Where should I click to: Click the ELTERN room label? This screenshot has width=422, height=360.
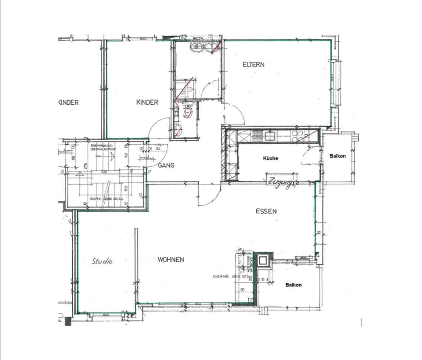pyautogui.click(x=253, y=64)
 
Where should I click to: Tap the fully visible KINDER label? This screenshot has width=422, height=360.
pyautogui.click(x=147, y=102)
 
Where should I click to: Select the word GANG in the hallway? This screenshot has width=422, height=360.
pyautogui.click(x=166, y=166)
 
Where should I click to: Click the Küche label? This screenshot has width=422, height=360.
pyautogui.click(x=270, y=158)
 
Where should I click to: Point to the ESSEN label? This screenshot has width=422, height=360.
pyautogui.click(x=266, y=211)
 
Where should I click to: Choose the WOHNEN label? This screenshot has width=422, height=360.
pyautogui.click(x=171, y=260)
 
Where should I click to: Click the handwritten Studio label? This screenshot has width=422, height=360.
pyautogui.click(x=102, y=261)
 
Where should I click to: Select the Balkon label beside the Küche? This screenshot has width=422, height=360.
pyautogui.click(x=338, y=156)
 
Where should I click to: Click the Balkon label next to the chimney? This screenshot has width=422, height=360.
pyautogui.click(x=293, y=285)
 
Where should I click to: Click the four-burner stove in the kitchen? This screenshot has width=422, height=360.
pyautogui.click(x=297, y=136)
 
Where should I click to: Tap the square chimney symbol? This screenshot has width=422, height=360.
pyautogui.click(x=263, y=260)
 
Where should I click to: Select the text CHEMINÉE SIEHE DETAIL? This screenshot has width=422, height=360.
pyautogui.click(x=232, y=277)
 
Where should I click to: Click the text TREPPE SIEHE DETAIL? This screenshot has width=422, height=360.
pyautogui.click(x=106, y=199)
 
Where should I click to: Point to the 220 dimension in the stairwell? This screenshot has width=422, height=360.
pyautogui.click(x=104, y=172)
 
